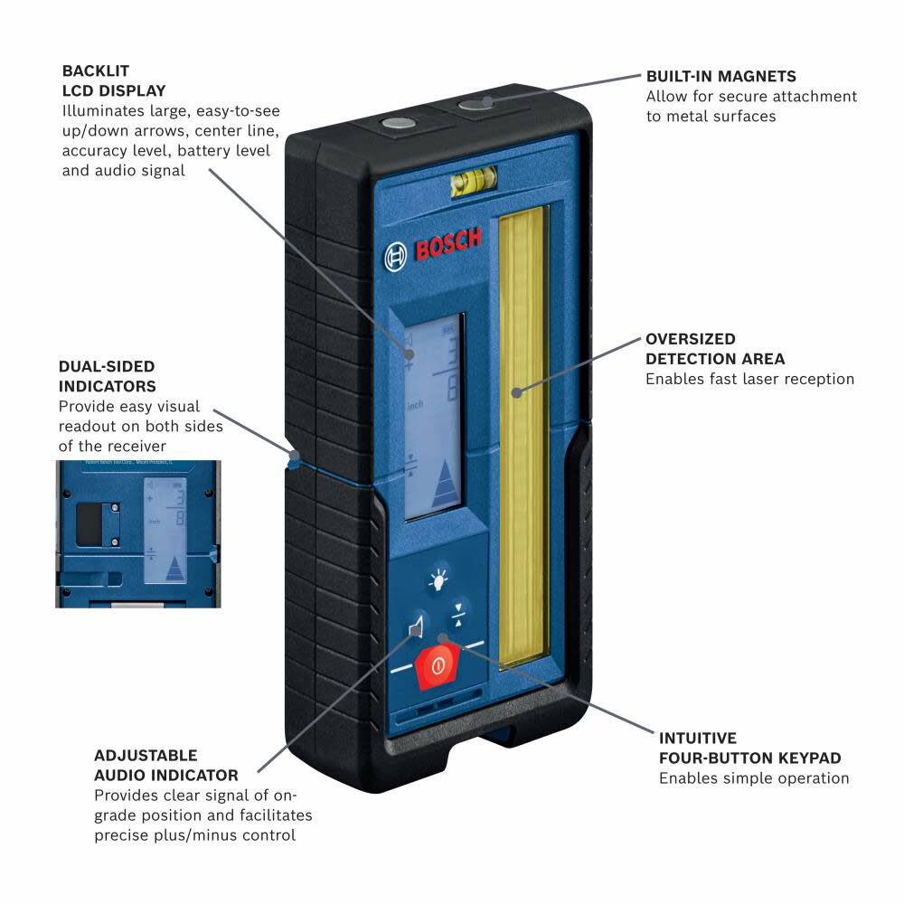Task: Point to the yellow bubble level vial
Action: pos(468,184)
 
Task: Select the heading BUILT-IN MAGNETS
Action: pos(720,77)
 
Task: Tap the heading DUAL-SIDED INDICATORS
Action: pos(107,377)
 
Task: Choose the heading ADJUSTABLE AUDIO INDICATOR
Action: pos(166,765)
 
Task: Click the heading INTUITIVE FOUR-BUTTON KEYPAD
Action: pos(749,749)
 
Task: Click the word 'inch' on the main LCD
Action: pos(417,405)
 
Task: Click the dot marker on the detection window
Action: pos(517,392)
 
